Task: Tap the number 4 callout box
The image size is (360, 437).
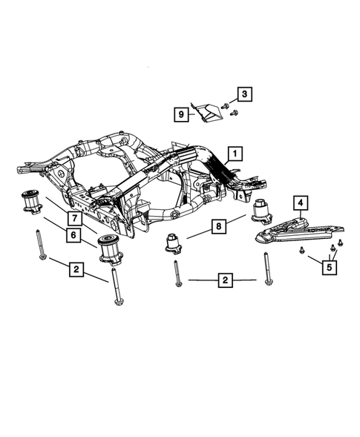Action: [300, 203]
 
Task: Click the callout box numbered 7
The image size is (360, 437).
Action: [76, 217]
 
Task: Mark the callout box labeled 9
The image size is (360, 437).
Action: [180, 114]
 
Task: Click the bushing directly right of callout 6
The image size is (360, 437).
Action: [109, 249]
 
